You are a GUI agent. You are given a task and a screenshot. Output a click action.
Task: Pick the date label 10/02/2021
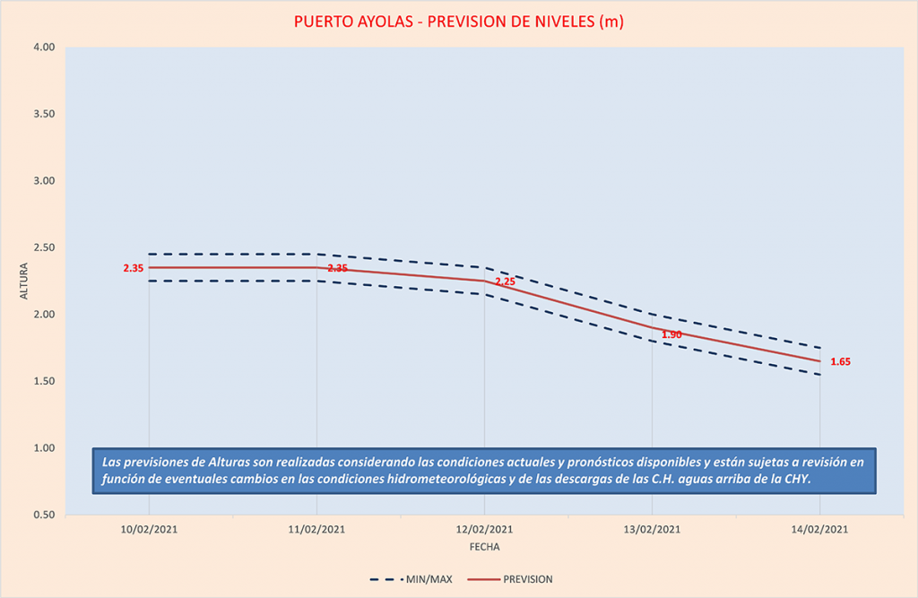click(149, 530)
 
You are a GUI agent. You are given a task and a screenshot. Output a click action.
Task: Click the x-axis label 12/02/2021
click(484, 530)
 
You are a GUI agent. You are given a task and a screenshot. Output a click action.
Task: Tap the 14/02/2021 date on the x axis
click(819, 530)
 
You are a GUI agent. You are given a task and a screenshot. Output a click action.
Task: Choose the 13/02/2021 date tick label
click(652, 530)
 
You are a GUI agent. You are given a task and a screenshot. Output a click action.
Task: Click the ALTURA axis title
click(22, 282)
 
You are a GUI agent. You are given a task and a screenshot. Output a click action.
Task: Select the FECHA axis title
click(484, 546)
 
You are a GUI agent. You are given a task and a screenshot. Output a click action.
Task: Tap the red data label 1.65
click(840, 362)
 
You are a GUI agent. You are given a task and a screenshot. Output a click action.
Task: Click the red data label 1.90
click(671, 334)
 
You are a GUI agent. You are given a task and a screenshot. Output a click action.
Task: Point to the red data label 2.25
click(505, 282)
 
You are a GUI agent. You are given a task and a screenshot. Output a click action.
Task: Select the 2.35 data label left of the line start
click(134, 268)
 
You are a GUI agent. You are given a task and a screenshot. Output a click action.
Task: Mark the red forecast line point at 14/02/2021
click(819, 361)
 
